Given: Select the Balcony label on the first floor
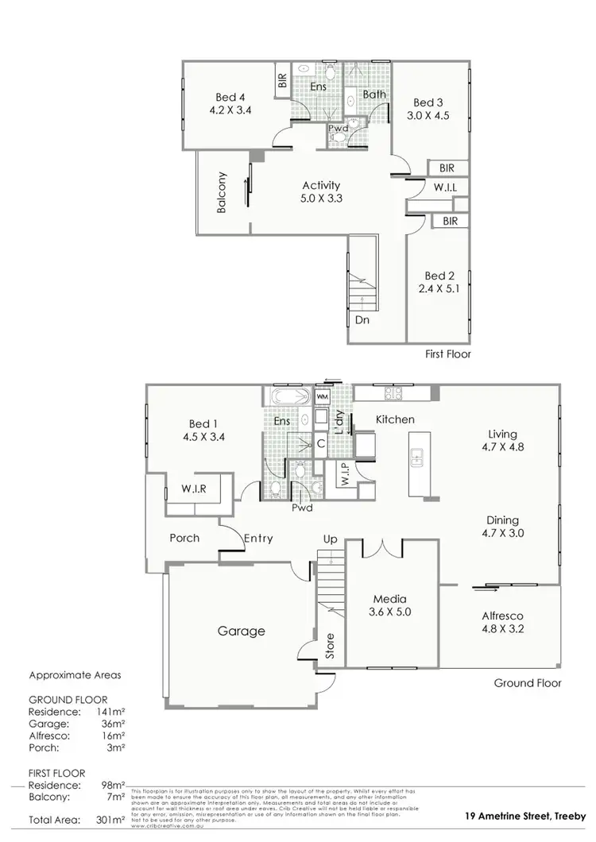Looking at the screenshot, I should click(223, 192).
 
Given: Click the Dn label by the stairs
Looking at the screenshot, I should click(362, 320).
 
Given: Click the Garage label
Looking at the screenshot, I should click(242, 631).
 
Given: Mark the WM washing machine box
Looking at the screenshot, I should click(323, 396).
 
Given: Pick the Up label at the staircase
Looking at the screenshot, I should click(331, 539).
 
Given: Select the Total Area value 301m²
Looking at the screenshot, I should click(112, 819).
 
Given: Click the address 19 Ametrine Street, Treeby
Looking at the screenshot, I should click(525, 816).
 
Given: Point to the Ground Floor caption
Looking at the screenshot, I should click(527, 682).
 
